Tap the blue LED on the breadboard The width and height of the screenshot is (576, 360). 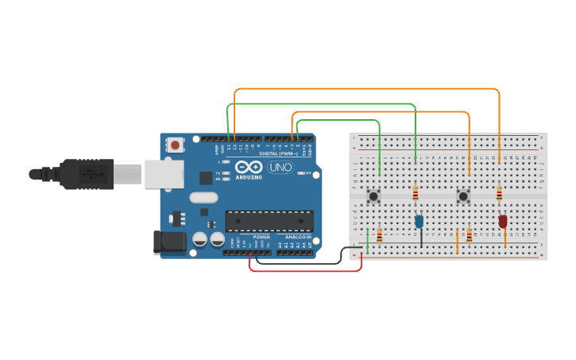click(x=419, y=222)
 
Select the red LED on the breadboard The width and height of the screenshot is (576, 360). click(x=502, y=221)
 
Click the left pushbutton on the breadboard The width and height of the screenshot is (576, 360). click(x=372, y=195)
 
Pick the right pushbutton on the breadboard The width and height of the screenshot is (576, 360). click(x=462, y=195)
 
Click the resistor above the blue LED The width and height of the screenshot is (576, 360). click(x=416, y=193)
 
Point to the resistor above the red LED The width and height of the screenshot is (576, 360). click(x=499, y=193)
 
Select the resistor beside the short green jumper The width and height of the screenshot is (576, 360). click(x=379, y=234)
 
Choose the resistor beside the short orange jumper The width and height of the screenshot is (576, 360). click(x=470, y=234)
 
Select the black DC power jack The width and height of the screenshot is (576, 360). click(x=169, y=242)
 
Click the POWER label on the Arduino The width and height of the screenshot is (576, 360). click(x=261, y=237)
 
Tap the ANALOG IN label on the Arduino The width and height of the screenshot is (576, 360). click(x=298, y=237)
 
